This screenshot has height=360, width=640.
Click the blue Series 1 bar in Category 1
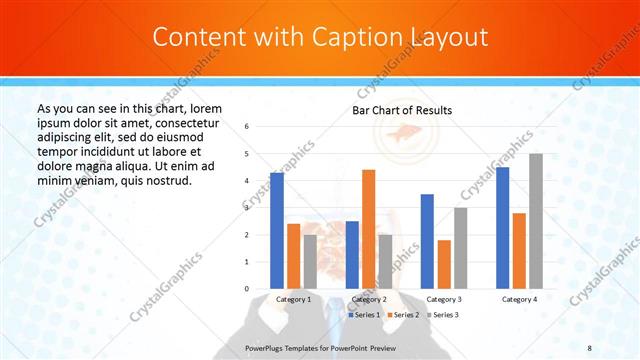click(x=277, y=231)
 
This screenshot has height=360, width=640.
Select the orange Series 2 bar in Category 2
click(x=368, y=229)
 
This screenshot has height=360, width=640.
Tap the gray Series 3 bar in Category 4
click(x=536, y=221)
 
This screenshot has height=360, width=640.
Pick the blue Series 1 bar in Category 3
click(x=427, y=241)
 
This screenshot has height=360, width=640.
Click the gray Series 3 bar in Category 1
click(x=310, y=262)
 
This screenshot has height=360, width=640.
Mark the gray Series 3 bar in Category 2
click(x=385, y=262)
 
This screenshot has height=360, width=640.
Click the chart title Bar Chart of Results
click(x=402, y=110)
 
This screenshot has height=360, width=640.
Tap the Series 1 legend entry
click(x=364, y=314)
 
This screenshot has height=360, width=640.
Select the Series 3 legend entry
click(x=443, y=314)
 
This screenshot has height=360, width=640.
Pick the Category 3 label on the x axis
click(x=444, y=299)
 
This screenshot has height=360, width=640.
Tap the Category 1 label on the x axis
click(x=293, y=299)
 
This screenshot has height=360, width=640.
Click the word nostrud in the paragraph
click(x=167, y=180)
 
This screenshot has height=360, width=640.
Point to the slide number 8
click(x=590, y=346)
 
